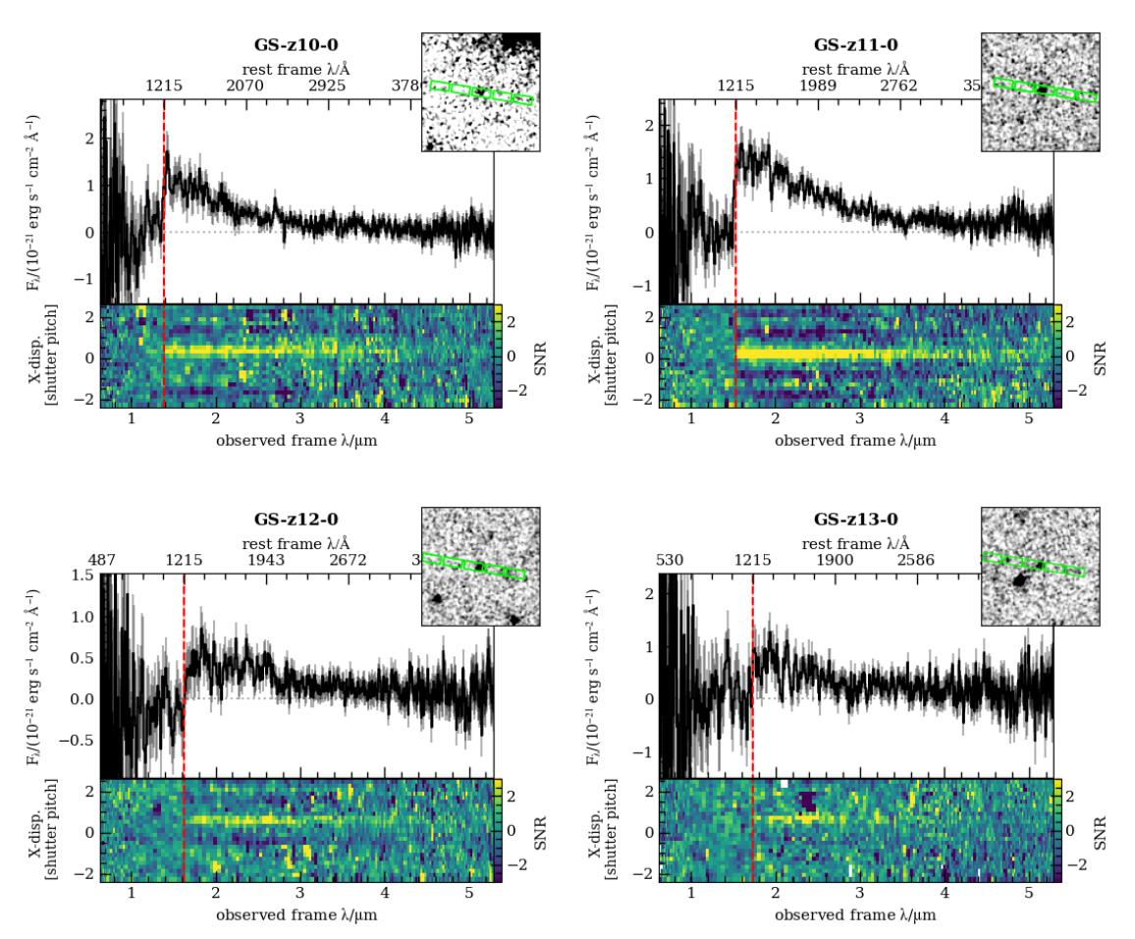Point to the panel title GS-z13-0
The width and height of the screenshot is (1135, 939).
(856, 520)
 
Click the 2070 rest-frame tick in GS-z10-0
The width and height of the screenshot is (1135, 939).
(245, 86)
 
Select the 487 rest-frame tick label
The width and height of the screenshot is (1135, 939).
(102, 561)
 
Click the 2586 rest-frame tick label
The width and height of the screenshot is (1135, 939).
(920, 561)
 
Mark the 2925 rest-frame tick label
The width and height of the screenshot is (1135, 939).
(328, 86)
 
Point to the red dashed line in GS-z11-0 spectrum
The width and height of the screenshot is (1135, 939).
(735, 196)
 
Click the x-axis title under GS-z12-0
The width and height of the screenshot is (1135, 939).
(293, 915)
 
